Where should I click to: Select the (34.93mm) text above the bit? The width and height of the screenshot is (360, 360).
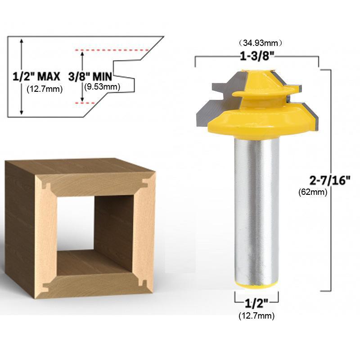tap(260, 43)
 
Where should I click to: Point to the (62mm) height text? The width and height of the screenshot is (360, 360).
tap(313, 192)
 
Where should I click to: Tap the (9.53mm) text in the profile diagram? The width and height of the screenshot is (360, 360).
tap(101, 87)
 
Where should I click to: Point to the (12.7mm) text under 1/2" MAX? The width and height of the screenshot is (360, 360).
tap(45, 89)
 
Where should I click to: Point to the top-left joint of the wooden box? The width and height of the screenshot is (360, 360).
tap(45, 183)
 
